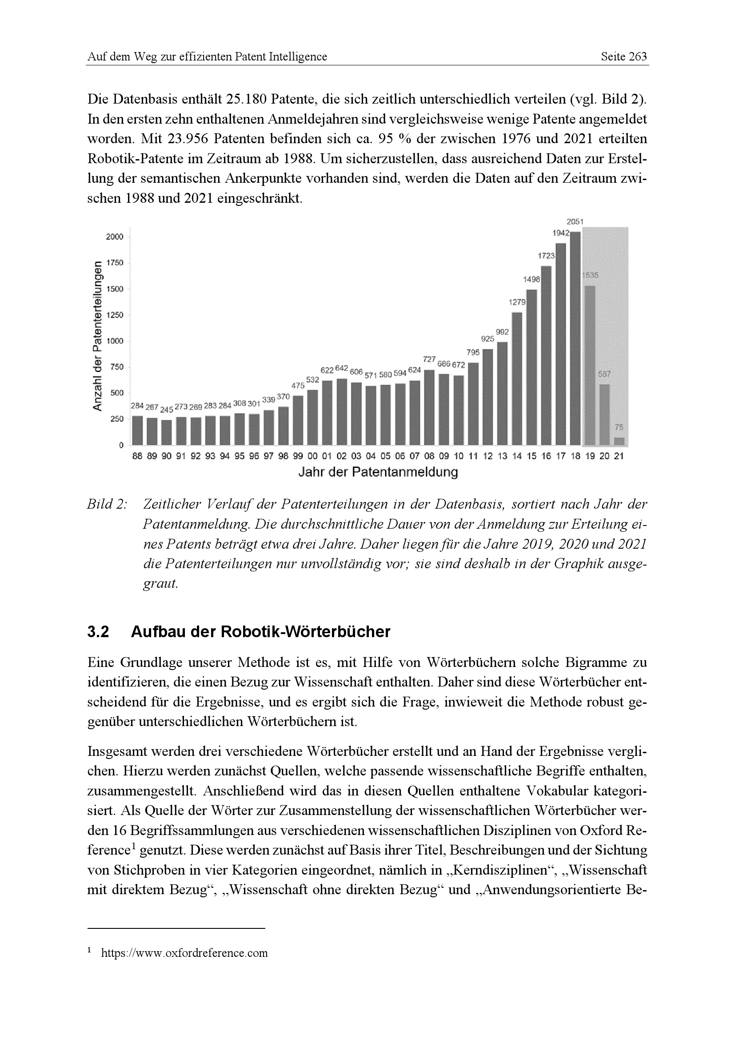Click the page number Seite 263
(623, 56)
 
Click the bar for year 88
(137, 430)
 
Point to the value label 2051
(575, 221)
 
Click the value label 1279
(516, 302)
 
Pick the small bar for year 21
(619, 441)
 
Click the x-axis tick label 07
(414, 457)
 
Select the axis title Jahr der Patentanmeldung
(378, 473)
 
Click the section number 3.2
(98, 631)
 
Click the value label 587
(604, 374)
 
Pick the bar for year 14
(516, 379)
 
